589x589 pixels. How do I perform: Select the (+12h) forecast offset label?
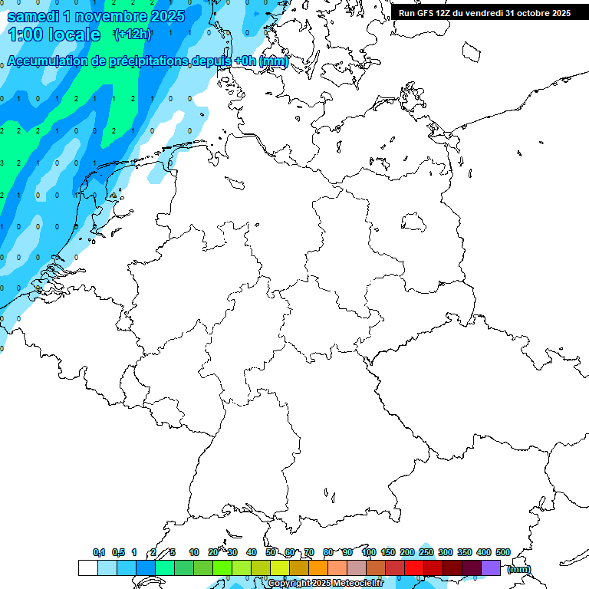(132, 34)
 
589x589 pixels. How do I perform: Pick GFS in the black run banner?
(424, 13)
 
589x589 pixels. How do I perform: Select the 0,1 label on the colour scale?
(99, 552)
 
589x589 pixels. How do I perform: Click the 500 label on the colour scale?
(503, 552)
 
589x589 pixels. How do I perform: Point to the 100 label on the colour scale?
(368, 552)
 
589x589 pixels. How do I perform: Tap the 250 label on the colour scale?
(426, 552)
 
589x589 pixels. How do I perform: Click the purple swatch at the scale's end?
(491, 568)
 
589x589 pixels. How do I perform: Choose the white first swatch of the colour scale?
(87, 568)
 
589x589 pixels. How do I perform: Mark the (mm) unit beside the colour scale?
(518, 569)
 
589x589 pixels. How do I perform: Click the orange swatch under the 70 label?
(318, 568)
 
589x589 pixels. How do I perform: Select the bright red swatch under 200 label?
(414, 568)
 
